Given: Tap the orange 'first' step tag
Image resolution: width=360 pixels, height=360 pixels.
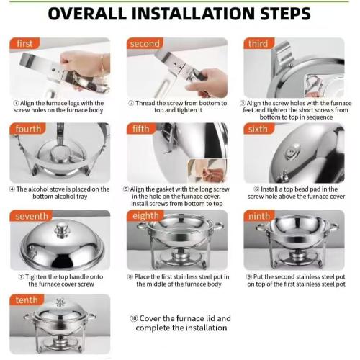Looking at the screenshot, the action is point(24,43).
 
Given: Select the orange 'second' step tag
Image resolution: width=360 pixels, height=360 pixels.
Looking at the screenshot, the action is point(145,43).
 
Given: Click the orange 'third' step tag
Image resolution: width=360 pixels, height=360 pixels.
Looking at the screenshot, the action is point(258,43).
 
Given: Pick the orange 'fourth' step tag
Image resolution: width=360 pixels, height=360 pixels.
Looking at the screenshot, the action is point(27,129).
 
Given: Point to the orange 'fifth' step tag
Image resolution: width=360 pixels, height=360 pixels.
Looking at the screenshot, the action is point(141,129).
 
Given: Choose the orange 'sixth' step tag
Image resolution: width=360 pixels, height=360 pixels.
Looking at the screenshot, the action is point(258,129).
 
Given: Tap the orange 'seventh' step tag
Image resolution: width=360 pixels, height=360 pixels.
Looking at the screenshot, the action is point(31,216).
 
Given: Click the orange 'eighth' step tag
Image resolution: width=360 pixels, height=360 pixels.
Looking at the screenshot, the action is point(145,215).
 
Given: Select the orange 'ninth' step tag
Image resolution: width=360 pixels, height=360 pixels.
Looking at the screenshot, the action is point(259,216).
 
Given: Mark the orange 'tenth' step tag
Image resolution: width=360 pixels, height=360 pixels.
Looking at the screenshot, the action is point(27,300).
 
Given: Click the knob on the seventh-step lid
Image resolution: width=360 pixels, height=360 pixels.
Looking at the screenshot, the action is point(62,230).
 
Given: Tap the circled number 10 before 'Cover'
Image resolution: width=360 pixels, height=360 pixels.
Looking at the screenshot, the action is point(133,318).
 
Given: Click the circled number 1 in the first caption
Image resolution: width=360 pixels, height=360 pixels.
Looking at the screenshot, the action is point(16,103).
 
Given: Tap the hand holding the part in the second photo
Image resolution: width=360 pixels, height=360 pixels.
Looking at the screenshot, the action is point(209,81).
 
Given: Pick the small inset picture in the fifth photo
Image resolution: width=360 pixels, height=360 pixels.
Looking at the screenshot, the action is point(207,171).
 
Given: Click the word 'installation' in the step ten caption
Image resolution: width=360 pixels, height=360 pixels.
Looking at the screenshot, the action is point(206,328).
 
